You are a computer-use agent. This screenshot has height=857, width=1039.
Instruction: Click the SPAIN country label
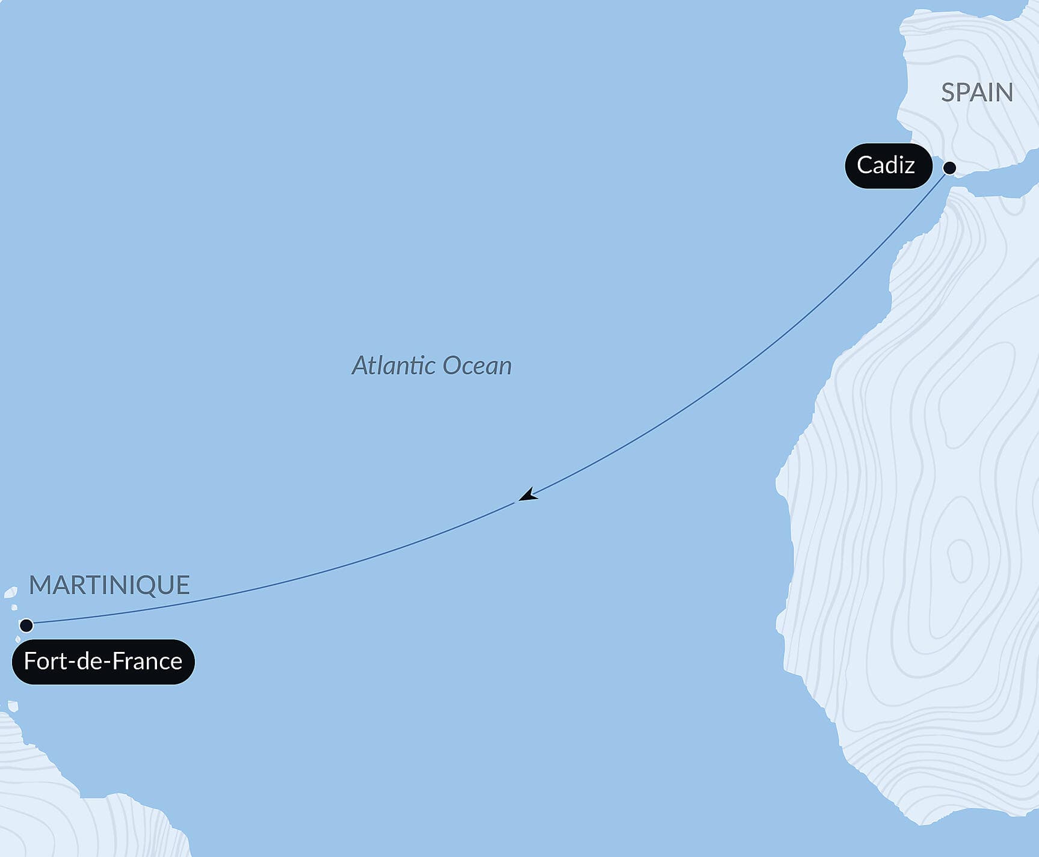pos(976,93)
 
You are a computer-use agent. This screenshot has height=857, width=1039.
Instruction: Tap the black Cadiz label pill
pos(887,165)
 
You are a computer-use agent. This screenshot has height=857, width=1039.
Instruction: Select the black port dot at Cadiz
pos(949,168)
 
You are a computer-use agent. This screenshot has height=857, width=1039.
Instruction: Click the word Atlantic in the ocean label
pos(392,366)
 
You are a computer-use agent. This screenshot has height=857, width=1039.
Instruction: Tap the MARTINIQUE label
pos(109,585)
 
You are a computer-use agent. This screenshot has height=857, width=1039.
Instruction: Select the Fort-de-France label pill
pos(103,662)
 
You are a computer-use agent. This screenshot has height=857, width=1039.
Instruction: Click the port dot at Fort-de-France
pos(26,625)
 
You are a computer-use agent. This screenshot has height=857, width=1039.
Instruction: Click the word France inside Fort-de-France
pos(147,662)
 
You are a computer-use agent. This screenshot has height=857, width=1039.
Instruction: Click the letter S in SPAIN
pos(949,93)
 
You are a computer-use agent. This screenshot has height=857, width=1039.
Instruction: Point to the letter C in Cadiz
pos(865,165)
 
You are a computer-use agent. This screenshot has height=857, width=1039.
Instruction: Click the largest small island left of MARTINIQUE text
pos(10,592)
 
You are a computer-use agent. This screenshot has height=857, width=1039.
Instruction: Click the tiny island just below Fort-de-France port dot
pos(17,638)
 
